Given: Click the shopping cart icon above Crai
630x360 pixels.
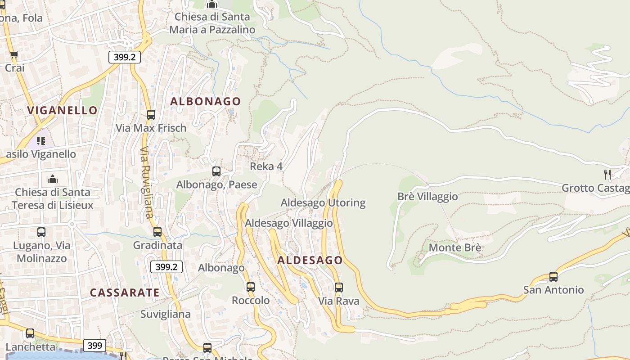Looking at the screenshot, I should click(14, 55).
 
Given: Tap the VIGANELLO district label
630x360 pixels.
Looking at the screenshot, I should click(62, 110).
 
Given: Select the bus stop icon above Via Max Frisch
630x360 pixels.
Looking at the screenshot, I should click(151, 115).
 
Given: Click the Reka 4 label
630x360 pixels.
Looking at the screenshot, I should click(266, 166).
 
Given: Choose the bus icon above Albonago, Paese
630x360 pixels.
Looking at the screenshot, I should click(216, 171).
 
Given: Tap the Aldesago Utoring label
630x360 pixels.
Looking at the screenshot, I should click(323, 202).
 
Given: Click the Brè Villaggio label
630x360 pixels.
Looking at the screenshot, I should click(427, 197).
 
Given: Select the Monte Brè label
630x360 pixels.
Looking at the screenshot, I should click(455, 247).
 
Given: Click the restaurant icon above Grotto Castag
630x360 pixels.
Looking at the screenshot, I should click(607, 174).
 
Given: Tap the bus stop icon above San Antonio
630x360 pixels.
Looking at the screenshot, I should click(553, 277).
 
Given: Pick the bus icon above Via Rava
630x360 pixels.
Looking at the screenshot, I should click(339, 287).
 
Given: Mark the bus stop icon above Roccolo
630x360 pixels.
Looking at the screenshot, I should click(251, 287).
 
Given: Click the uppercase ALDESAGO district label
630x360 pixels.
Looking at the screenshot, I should click(310, 260).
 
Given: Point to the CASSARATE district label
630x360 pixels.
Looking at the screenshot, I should click(125, 292).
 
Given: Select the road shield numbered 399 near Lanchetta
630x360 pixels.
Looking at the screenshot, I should click(94, 346).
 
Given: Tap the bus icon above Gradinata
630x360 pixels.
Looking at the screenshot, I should click(157, 232).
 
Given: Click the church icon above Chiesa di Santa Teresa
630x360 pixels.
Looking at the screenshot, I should click(53, 179).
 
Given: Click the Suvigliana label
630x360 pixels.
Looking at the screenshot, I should click(166, 314).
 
